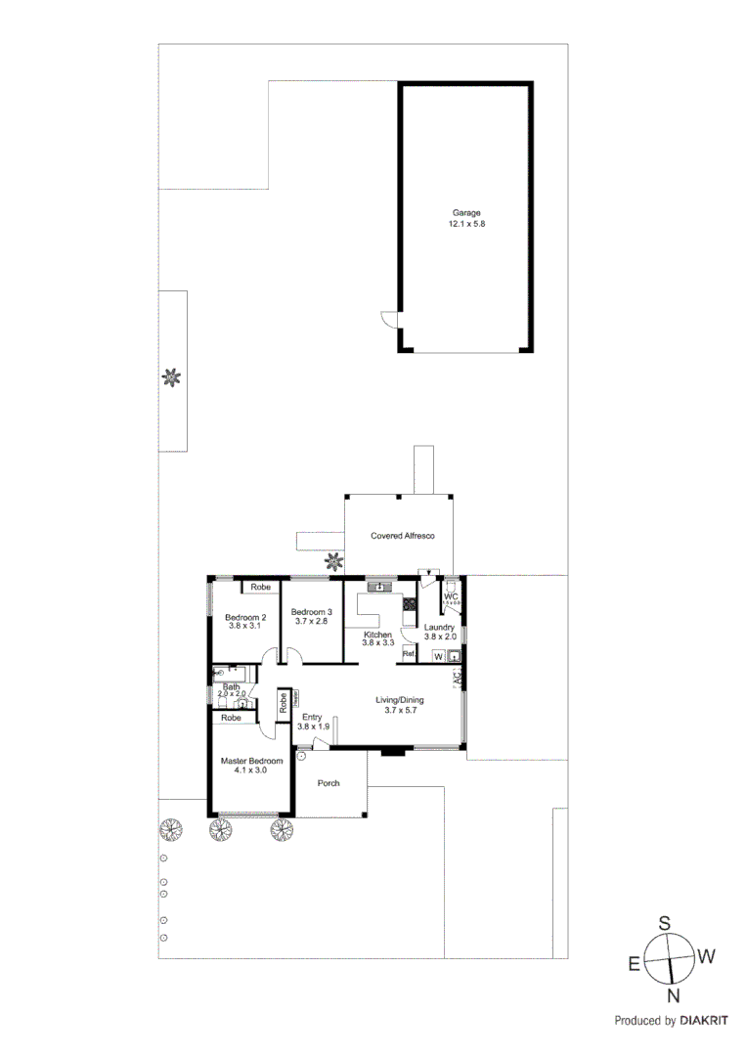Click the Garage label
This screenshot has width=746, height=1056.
point(465,213)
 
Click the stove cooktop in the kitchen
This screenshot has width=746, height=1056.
point(408,605)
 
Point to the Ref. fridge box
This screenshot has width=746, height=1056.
point(409,654)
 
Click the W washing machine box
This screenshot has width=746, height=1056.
point(438,656)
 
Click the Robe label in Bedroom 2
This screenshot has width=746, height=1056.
point(260,587)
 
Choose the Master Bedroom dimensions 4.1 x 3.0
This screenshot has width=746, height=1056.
point(251,770)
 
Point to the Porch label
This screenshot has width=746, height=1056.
point(329,782)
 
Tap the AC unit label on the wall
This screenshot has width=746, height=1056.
point(457,678)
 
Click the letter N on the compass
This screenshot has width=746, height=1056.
point(673,996)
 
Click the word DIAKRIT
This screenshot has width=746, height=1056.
point(704,1021)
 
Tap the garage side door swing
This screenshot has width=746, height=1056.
point(389,319)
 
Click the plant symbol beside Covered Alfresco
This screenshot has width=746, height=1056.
point(334,561)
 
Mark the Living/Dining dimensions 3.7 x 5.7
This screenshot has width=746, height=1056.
point(401,711)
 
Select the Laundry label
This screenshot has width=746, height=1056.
point(439,628)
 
